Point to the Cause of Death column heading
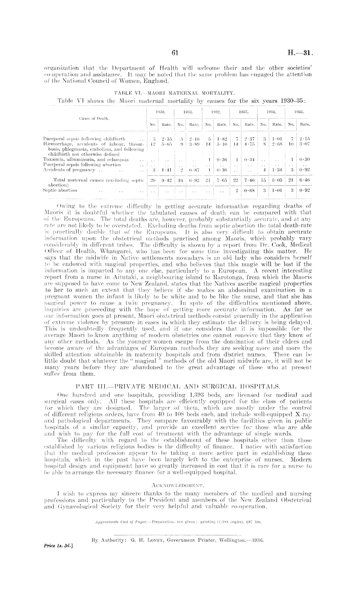click(x=94, y=118)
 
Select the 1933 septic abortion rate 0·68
click(x=249, y=190)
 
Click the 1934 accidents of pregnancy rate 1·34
click(x=277, y=169)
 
